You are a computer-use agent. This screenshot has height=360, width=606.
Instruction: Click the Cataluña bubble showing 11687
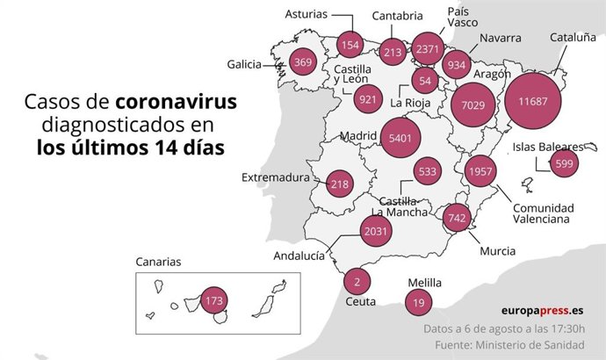pyautogui.click(x=533, y=101)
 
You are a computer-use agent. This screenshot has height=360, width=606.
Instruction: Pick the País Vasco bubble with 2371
pyautogui.click(x=430, y=49)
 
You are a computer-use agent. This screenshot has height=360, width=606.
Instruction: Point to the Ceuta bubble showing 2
pyautogui.click(x=357, y=281)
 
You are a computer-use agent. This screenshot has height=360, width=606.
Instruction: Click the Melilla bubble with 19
pyautogui.click(x=417, y=301)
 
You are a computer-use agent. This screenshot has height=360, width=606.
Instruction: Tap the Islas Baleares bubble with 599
pyautogui.click(x=564, y=163)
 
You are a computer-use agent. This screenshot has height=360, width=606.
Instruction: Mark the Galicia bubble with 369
pyautogui.click(x=303, y=61)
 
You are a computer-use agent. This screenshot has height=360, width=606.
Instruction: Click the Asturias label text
pyautogui.click(x=307, y=14)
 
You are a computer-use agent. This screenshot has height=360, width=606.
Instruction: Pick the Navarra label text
pyautogui.click(x=500, y=38)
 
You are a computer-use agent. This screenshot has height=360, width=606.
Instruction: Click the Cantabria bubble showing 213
pyautogui.click(x=393, y=52)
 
